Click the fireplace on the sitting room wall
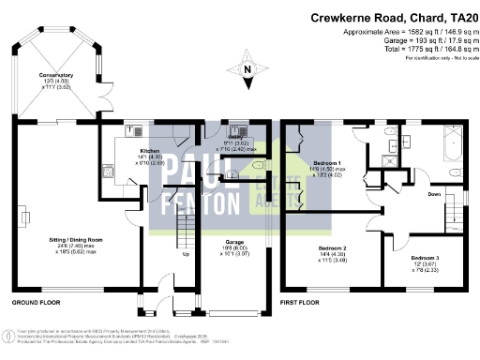coord(23,217)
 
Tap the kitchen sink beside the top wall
coord(131,129)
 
